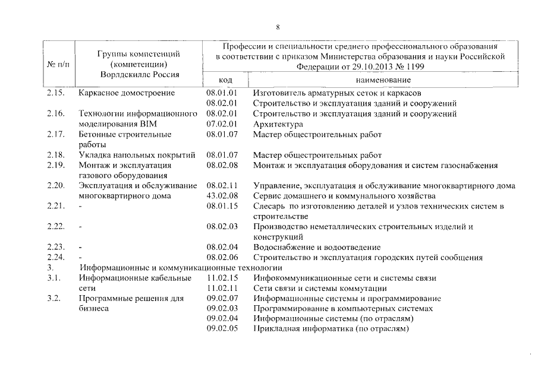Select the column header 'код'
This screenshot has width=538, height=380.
pos(225,80)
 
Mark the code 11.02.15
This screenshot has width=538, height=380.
pos(222,278)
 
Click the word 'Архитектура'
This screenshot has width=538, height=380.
pos(278,124)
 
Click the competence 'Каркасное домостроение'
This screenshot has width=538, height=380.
pos(127,93)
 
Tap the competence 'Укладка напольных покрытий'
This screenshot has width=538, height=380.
pos(137,155)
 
